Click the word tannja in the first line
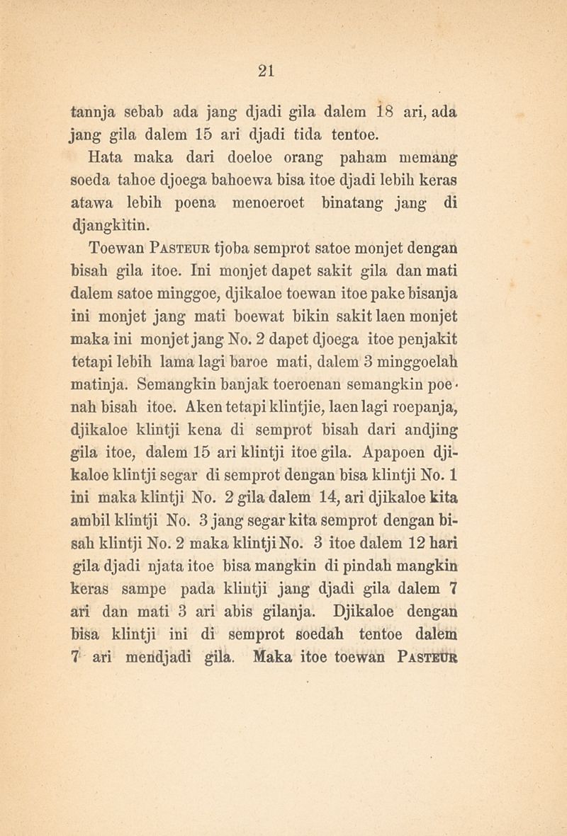tap(96, 112)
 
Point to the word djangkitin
tap(111, 226)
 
